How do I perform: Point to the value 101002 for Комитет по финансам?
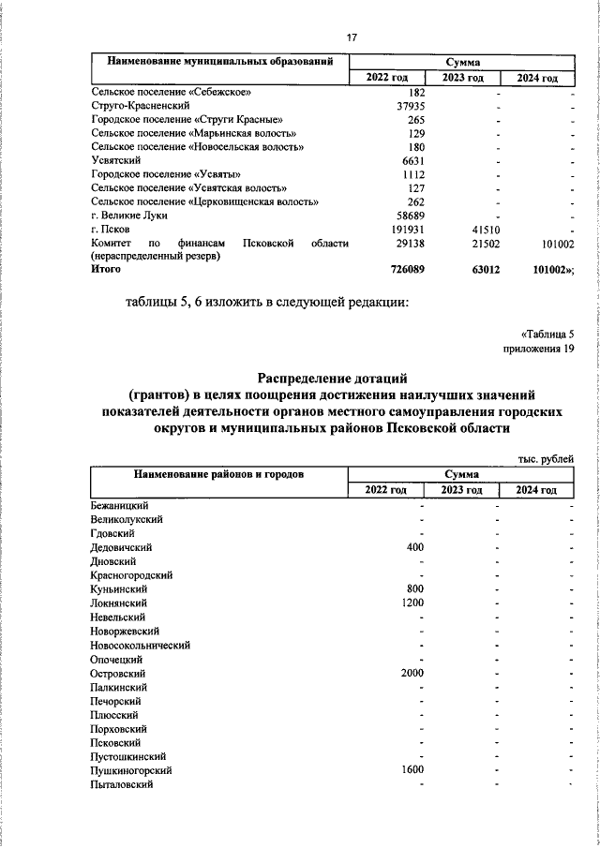(x=552, y=243)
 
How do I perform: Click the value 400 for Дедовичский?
(x=415, y=547)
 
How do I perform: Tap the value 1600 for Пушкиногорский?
(x=412, y=770)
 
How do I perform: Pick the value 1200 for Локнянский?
(x=412, y=603)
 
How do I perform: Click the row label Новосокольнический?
(x=141, y=645)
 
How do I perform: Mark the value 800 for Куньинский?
(x=415, y=589)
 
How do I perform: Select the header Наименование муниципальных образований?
(x=220, y=62)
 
